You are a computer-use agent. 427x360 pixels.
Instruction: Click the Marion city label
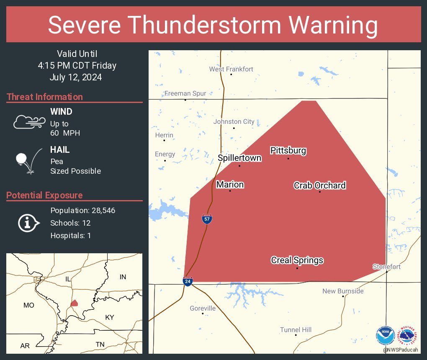point(230,185)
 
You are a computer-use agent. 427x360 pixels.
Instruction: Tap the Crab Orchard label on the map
point(319,185)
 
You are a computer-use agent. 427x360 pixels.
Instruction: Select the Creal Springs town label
point(297,260)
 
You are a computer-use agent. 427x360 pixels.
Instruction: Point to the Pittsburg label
point(288,151)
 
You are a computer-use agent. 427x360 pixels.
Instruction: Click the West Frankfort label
point(231,69)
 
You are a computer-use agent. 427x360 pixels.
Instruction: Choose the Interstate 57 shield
point(207,219)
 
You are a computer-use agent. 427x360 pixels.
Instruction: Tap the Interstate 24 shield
point(188,281)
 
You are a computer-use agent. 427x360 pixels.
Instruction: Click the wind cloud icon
point(27,122)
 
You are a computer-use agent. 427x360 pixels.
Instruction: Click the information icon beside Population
point(28,223)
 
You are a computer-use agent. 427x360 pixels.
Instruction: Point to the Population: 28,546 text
point(82,211)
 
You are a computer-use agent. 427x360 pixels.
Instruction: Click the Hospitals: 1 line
point(70,236)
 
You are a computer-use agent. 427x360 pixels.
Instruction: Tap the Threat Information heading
point(45,97)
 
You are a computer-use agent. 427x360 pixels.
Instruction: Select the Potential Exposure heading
point(45,195)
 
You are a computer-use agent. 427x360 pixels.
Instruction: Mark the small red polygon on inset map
point(74,303)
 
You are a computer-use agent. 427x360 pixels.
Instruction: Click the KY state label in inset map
point(109,317)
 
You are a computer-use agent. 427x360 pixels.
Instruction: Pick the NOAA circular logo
point(385,335)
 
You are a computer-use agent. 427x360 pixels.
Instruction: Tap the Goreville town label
point(203,309)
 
